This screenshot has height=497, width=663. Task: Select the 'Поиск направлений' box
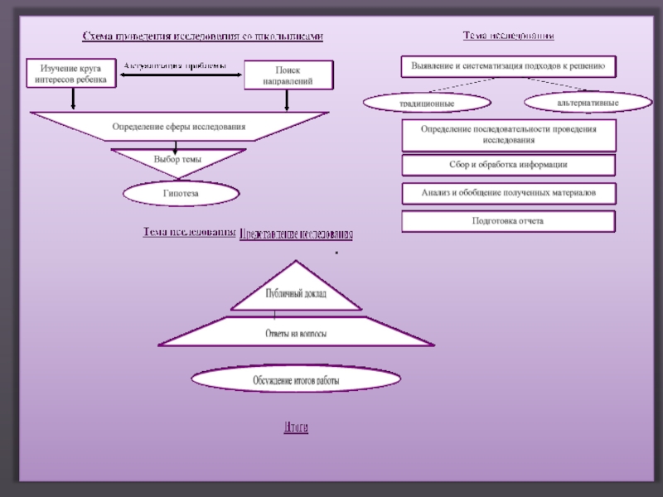pos(288,75)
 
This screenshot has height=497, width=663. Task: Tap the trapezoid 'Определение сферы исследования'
pos(179,127)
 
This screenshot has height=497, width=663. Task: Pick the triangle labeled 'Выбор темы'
pos(178,158)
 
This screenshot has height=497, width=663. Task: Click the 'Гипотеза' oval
pos(181,194)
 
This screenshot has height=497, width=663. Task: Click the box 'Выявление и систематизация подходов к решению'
pos(509,65)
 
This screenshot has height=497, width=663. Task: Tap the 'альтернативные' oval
pos(588,101)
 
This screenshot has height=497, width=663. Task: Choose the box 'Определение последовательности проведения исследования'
pos(509,134)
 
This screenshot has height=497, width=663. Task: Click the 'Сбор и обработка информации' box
pos(509,164)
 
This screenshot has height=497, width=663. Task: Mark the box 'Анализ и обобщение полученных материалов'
pos(509,194)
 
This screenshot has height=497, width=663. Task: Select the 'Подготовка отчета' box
pos(509,221)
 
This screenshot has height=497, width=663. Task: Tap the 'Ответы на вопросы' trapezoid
pos(296,334)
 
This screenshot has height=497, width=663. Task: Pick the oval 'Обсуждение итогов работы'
pos(296,380)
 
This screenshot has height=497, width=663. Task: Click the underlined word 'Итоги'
pos(296,427)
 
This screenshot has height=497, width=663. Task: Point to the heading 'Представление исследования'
pos(296,235)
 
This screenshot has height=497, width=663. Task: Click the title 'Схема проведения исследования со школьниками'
pos(202,36)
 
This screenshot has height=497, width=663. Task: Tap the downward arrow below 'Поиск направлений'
pos(287,100)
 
